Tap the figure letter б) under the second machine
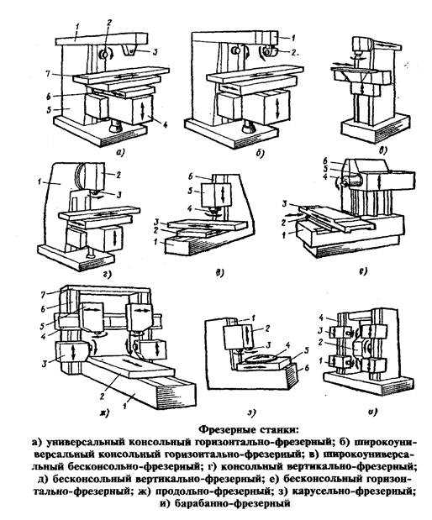(260, 153)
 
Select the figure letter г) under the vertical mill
(108, 274)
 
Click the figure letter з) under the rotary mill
(251, 412)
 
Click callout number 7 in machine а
(49, 74)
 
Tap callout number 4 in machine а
(165, 125)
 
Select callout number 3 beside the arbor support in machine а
(155, 51)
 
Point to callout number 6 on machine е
(325, 160)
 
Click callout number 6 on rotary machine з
(308, 367)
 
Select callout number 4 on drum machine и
(320, 317)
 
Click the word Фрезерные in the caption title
(226, 430)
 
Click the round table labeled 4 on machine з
(261, 359)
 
